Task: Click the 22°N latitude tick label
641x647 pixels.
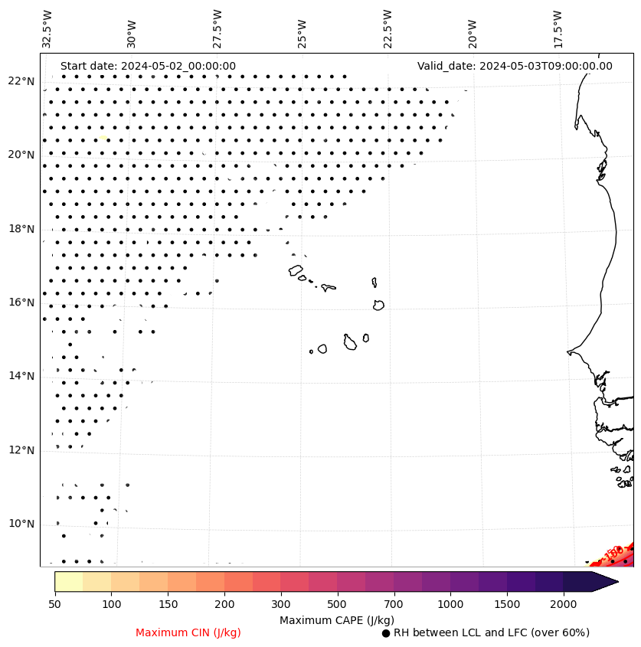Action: tap(21, 81)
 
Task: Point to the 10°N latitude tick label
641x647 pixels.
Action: tap(21, 524)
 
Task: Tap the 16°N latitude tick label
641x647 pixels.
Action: tap(21, 302)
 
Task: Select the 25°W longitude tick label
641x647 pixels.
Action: tap(303, 28)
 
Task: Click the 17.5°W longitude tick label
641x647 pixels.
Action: tap(558, 28)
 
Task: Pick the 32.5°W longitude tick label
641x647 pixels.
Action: tap(47, 28)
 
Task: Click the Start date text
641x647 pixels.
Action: tap(148, 66)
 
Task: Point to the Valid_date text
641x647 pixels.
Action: tap(515, 66)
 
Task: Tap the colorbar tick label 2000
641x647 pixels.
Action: tap(563, 605)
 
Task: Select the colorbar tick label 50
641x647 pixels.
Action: tap(54, 605)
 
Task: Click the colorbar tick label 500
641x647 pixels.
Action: tap(337, 605)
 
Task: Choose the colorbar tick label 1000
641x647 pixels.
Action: tap(450, 605)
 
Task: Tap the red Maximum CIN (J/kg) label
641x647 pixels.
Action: tap(188, 632)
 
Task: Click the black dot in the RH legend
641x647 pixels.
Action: tap(386, 633)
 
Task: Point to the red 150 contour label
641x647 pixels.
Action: tap(613, 553)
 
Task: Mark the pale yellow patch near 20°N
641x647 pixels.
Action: tap(102, 138)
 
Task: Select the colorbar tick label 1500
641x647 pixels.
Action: tap(506, 605)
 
